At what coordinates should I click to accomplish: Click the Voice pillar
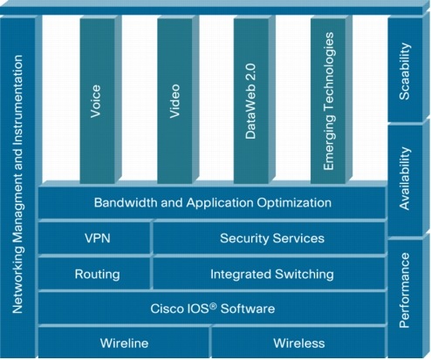tap(98, 101)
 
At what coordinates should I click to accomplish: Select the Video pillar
tap(174, 101)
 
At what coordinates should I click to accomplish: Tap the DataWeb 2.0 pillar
tap(251, 101)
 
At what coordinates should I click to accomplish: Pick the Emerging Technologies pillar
tap(328, 101)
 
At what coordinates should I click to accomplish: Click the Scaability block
tap(405, 71)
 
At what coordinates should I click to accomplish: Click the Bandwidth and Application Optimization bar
tap(212, 202)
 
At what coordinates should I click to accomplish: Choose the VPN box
tap(94, 238)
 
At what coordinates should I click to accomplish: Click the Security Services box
tap(270, 238)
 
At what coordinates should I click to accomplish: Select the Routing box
tap(94, 274)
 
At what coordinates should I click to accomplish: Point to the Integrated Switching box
tap(270, 274)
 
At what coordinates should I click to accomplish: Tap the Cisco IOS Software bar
tap(212, 309)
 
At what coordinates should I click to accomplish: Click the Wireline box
tap(124, 343)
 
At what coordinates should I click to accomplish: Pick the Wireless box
tap(298, 343)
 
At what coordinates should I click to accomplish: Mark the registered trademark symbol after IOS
tap(213, 306)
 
